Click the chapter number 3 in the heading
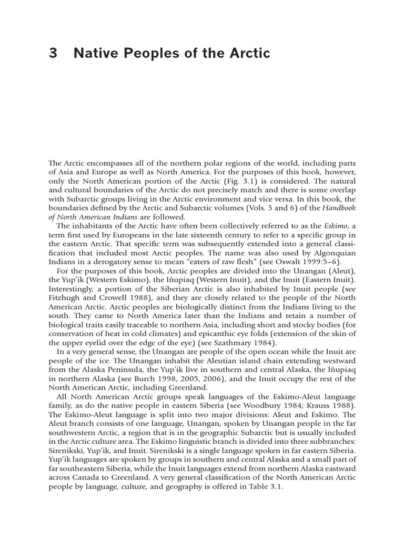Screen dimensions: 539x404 click(52, 53)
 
